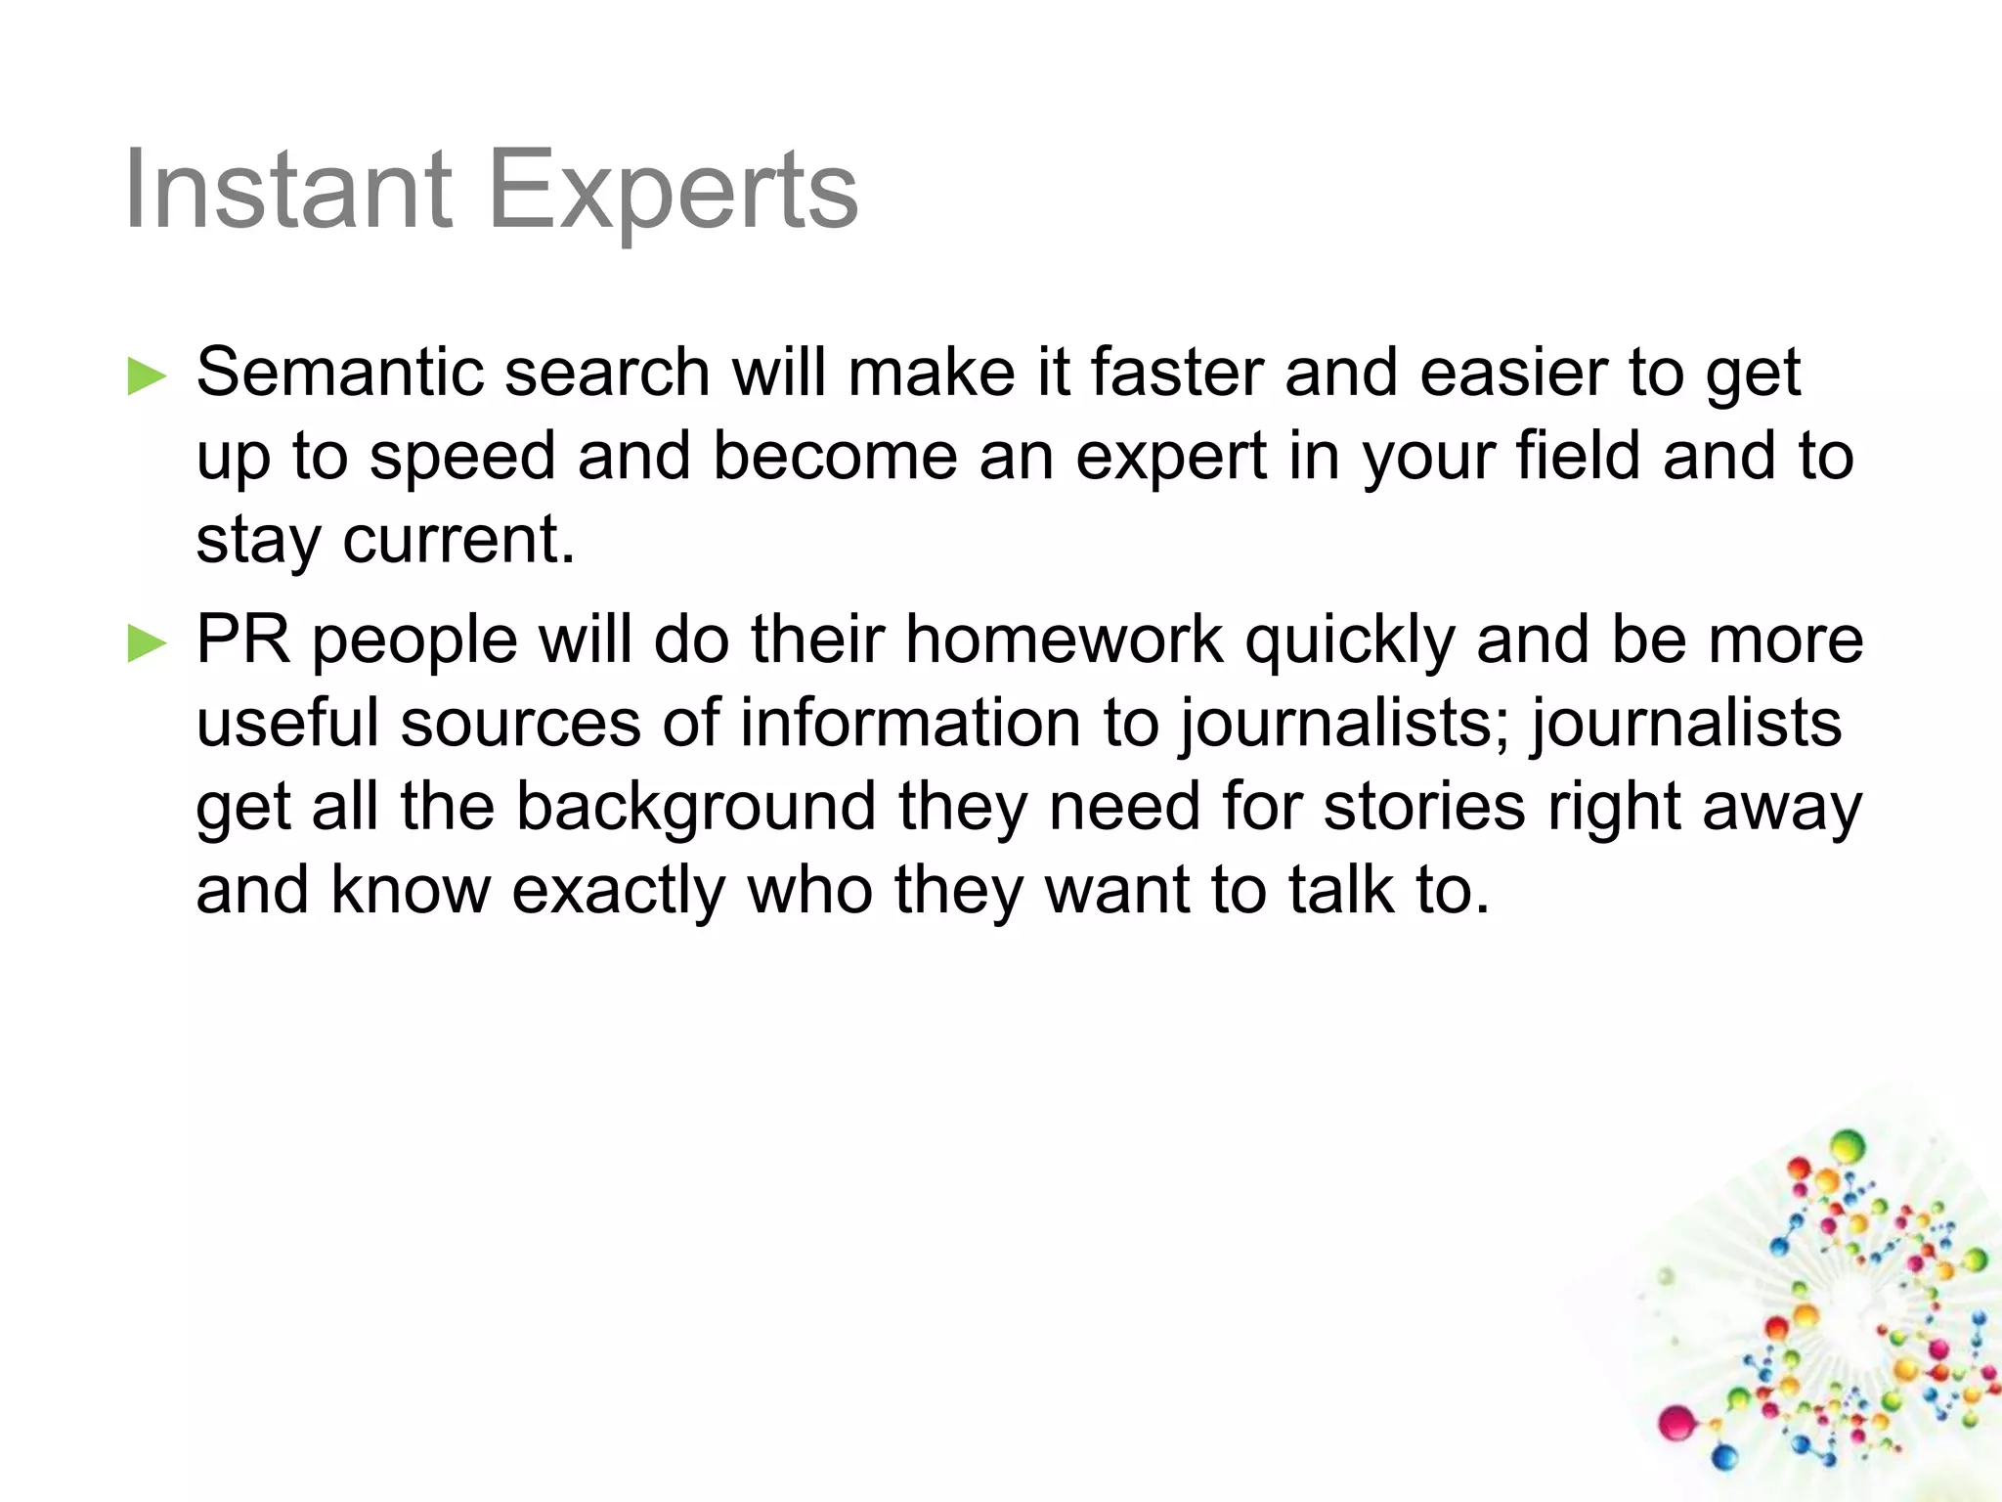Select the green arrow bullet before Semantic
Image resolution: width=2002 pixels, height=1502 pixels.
coord(148,376)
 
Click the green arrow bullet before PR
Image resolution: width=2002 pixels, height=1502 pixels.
coord(148,643)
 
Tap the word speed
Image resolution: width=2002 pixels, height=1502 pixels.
coord(462,458)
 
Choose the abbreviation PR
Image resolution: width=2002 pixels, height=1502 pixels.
coord(243,640)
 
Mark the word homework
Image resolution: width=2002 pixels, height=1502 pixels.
coord(1065,640)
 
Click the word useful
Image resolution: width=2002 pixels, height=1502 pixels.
coord(287,723)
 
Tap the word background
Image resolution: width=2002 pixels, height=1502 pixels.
coord(695,809)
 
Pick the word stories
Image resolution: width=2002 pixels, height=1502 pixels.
coord(1424,807)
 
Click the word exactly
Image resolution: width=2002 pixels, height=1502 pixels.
coord(619,892)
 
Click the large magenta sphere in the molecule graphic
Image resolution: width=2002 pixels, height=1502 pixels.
coord(1676,1421)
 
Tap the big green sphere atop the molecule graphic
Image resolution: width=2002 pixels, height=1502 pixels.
coord(1848,1144)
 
